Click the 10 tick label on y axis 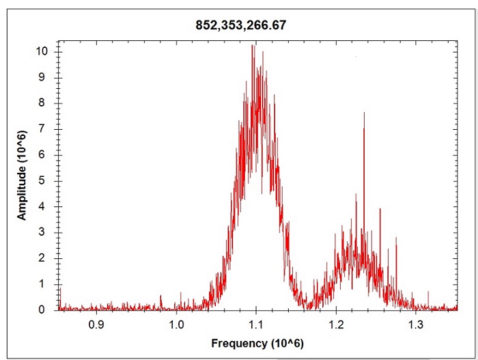pyautogui.click(x=43, y=51)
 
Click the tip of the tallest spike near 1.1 pyautogui.click(x=254, y=45)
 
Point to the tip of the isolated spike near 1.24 pyautogui.click(x=364, y=113)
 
